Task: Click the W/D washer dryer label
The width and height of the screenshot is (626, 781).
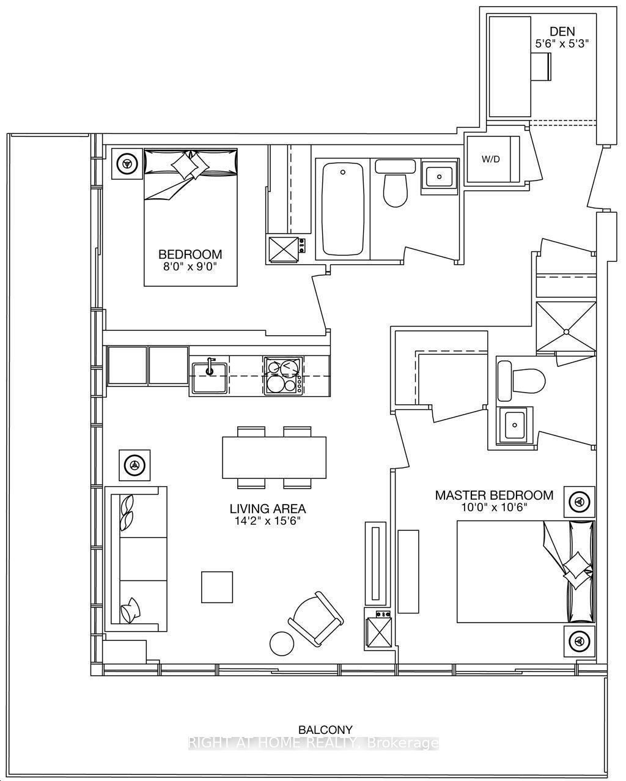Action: tap(490, 160)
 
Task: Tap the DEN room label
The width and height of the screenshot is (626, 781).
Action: tap(562, 31)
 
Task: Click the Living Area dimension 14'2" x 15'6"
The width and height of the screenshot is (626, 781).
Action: tap(268, 522)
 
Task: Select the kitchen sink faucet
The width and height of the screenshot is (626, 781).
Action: tap(210, 366)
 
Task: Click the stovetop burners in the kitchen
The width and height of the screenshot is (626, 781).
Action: tap(284, 376)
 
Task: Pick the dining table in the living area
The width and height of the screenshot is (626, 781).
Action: tap(274, 457)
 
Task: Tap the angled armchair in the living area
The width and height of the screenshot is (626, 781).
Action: tap(315, 624)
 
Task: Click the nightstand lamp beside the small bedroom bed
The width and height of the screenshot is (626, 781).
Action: tap(127, 164)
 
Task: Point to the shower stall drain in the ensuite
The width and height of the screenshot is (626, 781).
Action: tap(566, 331)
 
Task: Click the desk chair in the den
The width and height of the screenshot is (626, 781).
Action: tap(542, 66)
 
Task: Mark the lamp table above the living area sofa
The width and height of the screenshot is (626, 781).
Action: tap(134, 465)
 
